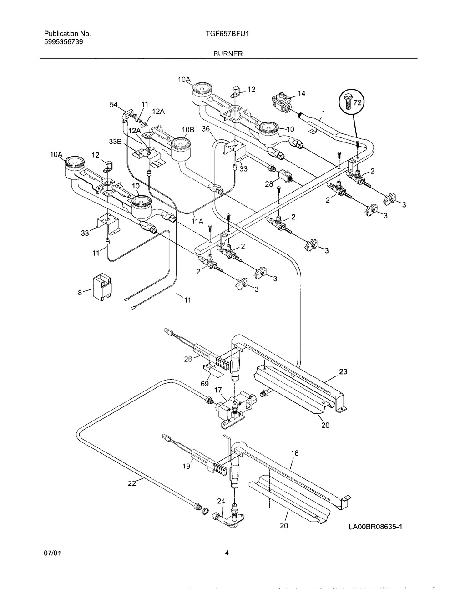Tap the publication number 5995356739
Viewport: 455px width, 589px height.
(x=63, y=42)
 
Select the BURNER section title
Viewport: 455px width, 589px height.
(x=228, y=54)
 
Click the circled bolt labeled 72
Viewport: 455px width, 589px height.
(x=352, y=102)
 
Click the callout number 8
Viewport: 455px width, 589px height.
(x=80, y=293)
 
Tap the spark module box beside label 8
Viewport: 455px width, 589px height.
(x=102, y=287)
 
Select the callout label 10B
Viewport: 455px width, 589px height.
(x=188, y=130)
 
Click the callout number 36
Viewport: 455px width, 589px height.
(x=206, y=129)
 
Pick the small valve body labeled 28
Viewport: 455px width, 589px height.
(x=285, y=175)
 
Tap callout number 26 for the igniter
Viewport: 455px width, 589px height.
(x=188, y=359)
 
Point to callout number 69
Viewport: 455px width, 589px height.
(x=205, y=384)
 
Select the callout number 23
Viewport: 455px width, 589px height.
(x=343, y=371)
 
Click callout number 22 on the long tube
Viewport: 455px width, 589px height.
(x=132, y=483)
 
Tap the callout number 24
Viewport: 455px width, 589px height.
(x=221, y=501)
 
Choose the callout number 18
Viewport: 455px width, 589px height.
(x=295, y=453)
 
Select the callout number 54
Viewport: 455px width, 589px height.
(x=114, y=105)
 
